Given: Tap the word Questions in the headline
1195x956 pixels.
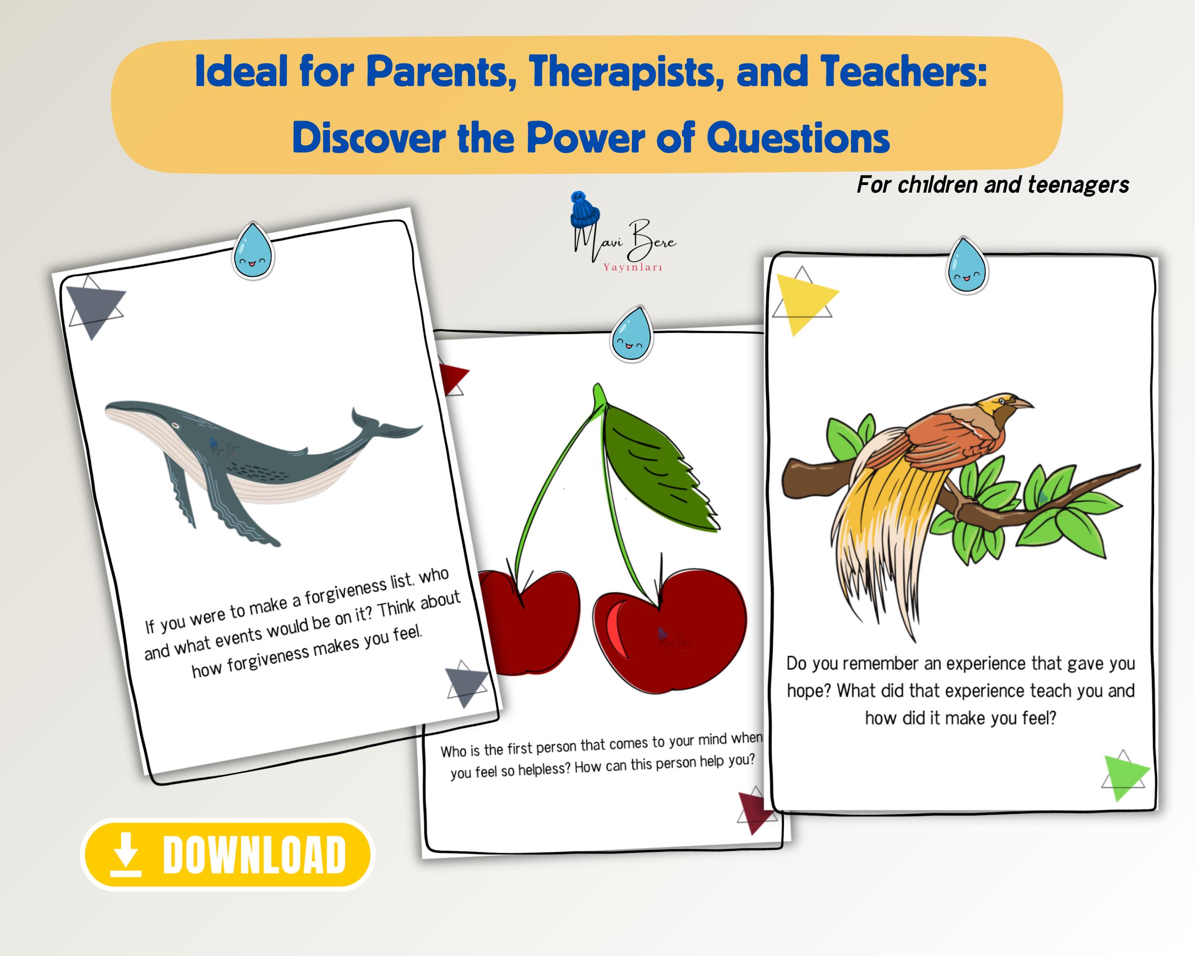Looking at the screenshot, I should coord(798,138).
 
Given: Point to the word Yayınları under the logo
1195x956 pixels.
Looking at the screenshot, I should coord(632,267).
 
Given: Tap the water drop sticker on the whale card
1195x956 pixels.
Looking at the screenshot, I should coord(253,250).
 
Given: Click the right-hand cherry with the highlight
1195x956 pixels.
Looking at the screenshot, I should coord(671,632).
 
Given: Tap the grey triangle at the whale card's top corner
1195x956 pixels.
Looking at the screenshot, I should coord(95,307).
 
